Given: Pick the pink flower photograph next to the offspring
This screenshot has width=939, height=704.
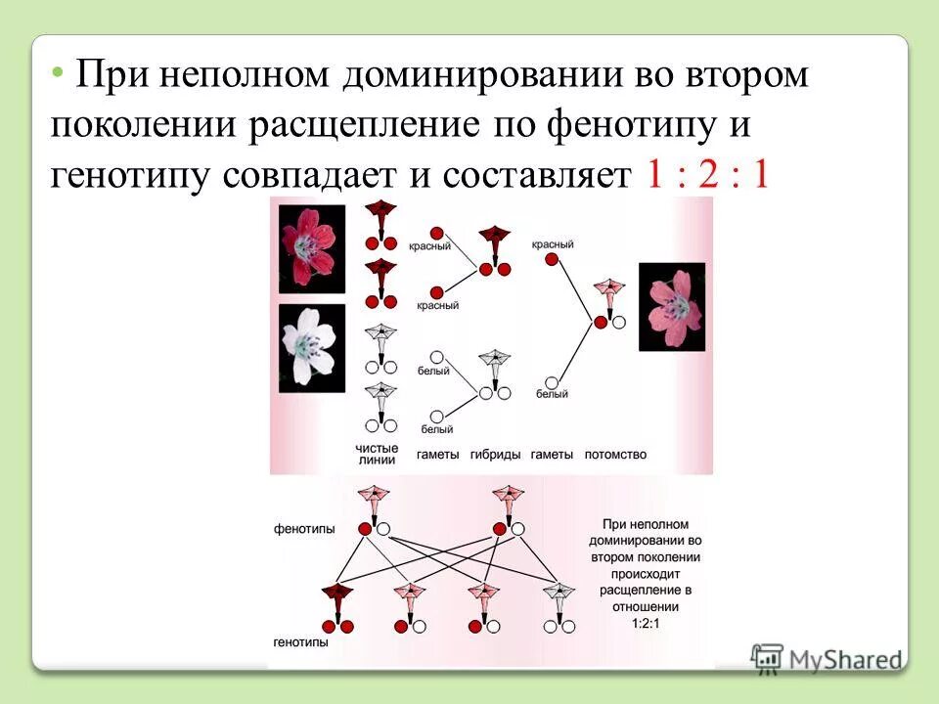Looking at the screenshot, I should point(672,307).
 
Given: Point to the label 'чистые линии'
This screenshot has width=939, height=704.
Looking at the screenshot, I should point(377,454).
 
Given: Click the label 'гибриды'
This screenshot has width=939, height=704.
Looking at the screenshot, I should point(495,455).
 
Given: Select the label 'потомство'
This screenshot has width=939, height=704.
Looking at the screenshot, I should point(615,455).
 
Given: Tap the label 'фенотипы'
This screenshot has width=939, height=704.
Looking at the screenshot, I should point(304,529).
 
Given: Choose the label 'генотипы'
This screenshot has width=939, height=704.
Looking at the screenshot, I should point(301,644).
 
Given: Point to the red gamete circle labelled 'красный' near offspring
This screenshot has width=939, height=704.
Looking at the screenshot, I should point(553,259).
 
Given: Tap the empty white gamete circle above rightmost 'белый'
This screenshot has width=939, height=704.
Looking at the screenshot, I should point(553,382).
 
